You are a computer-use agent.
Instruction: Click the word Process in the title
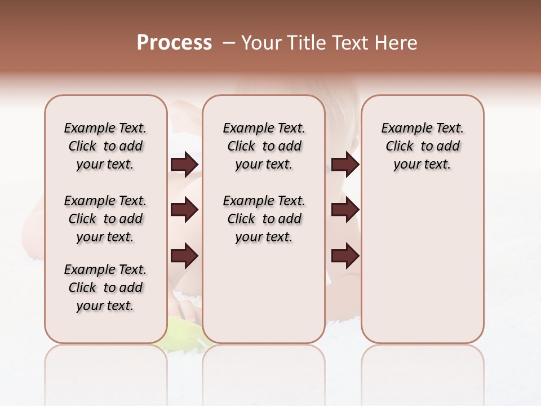(174, 43)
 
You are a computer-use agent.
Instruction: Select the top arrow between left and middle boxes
(184, 165)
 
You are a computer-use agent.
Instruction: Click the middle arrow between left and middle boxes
(184, 210)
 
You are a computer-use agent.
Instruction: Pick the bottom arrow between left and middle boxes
(184, 255)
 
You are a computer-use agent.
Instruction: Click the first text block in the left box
(105, 146)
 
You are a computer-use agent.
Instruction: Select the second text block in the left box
(105, 219)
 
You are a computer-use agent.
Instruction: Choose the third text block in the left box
(105, 288)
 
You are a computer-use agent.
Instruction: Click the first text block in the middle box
(264, 146)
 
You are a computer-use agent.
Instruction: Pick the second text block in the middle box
(264, 219)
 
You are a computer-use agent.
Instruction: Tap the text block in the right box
(422, 146)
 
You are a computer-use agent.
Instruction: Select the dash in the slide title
(229, 43)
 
